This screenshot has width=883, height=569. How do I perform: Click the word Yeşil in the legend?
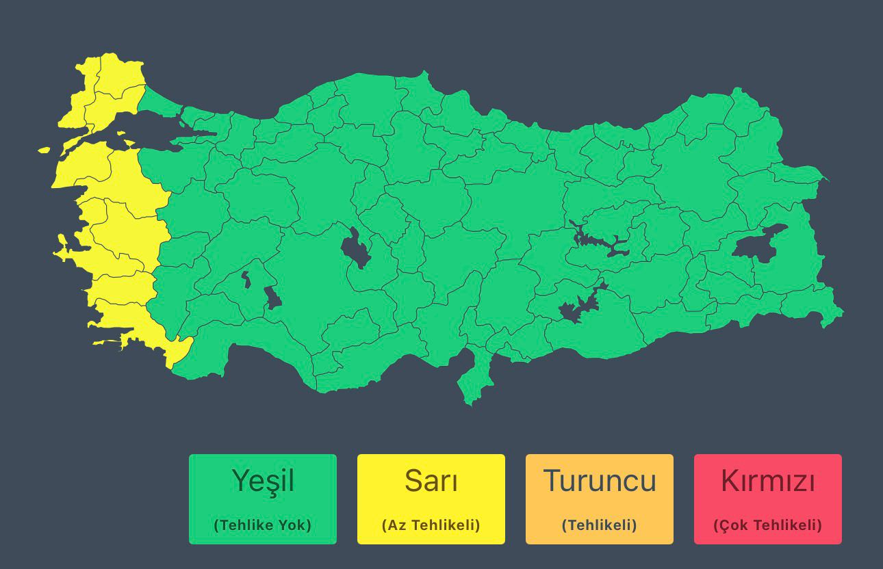(x=263, y=481)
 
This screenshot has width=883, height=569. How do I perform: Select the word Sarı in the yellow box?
(x=431, y=481)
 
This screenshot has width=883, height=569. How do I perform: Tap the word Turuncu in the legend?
(x=600, y=481)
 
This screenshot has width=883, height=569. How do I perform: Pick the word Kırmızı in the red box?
(x=768, y=481)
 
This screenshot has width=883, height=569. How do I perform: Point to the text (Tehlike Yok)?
(x=263, y=525)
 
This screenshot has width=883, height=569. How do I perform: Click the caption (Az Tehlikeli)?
(x=431, y=525)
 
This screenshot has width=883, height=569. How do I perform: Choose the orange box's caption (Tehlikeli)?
(x=600, y=525)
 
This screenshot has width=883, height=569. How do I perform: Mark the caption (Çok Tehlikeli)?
(x=768, y=525)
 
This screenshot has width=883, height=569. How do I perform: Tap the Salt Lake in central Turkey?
(x=355, y=248)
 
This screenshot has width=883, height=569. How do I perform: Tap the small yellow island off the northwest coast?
(x=44, y=150)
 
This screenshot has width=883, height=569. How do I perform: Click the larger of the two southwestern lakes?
(x=272, y=297)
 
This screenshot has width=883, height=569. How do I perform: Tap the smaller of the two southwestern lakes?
(x=246, y=279)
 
